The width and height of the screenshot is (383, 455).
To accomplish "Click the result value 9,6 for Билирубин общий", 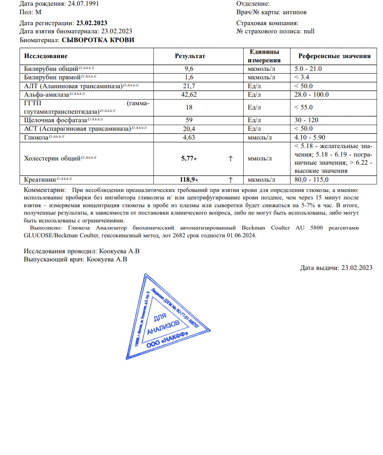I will (189, 69).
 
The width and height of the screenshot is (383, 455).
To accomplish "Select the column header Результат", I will (190, 56).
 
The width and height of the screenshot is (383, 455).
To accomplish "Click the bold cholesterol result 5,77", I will (187, 158).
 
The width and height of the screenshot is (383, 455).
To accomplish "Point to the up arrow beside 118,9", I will (231, 180).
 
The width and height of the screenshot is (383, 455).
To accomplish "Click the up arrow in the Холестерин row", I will (231, 159).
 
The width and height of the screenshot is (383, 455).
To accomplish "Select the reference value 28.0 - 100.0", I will (311, 95).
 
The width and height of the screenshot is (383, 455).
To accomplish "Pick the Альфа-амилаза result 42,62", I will (189, 95).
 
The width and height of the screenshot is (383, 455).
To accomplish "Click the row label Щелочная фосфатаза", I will (55, 120).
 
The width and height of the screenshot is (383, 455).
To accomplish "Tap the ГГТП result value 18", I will (189, 107).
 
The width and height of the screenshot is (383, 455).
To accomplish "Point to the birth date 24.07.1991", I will (83, 4).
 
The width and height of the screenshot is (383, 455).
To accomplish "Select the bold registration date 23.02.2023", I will (92, 23).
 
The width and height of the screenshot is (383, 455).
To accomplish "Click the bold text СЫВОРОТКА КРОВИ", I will (98, 40).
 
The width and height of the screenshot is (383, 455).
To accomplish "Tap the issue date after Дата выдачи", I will (357, 268).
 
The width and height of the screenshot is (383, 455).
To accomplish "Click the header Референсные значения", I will (334, 56).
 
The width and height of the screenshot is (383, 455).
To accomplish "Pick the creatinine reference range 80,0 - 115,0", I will (311, 180).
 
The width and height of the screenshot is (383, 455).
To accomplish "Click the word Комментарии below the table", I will (45, 190).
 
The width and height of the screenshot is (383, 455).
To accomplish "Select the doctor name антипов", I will (294, 12).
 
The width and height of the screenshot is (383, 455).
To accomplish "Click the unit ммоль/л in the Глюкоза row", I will (260, 137).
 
